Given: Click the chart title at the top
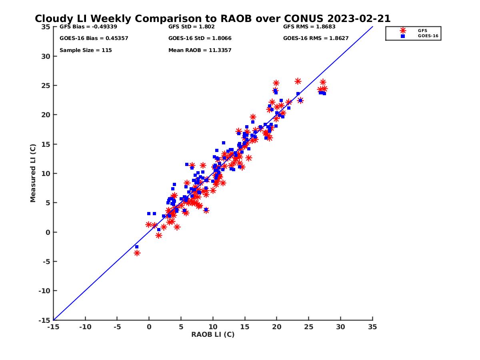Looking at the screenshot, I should coord(212,19).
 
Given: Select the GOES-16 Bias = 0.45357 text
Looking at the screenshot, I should coord(94,38).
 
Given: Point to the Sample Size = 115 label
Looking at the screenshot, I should coord(86,50).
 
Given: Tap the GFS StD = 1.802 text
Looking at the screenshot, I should coord(191,27).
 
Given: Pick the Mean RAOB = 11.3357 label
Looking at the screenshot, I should coord(200,50).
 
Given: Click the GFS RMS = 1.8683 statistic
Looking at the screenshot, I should coord(309,27).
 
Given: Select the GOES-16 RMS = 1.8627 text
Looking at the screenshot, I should coord(316,38).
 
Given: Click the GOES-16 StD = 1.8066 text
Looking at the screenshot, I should coord(200,38).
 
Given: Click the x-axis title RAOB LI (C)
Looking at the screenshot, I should coord(212,334).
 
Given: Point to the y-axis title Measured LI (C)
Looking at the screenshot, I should coord(33,173).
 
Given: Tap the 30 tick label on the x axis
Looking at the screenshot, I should coord(340,327).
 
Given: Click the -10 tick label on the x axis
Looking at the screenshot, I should coord(85,327).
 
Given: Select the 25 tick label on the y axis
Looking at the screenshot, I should coord(46,86).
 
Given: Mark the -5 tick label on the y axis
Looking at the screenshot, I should coord(46,262).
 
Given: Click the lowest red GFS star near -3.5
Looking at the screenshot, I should coord(137,253).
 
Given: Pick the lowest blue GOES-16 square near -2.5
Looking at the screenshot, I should coord(136,247).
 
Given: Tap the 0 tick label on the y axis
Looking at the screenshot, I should coord(48,232).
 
